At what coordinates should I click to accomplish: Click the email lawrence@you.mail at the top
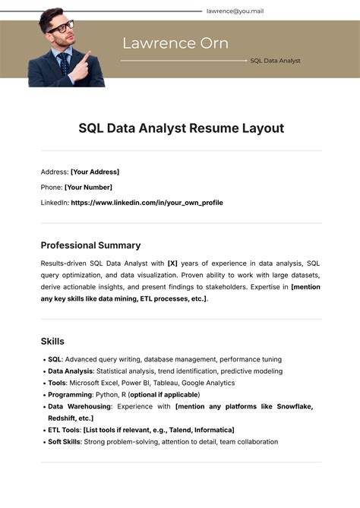coord(235,11)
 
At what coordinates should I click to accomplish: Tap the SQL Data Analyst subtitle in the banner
coord(275,60)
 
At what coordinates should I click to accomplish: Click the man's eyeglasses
coord(61,27)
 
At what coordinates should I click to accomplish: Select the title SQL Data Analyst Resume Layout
coord(181,128)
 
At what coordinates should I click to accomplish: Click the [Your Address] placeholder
coord(95,172)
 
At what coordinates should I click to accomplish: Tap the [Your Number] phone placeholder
coord(88,187)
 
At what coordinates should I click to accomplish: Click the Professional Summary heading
coord(90,245)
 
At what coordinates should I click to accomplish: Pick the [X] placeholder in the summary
coord(172,263)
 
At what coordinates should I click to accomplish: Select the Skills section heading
coord(52,341)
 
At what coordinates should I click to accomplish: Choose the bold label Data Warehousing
coord(79,406)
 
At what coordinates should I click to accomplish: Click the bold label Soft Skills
coord(64,441)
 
